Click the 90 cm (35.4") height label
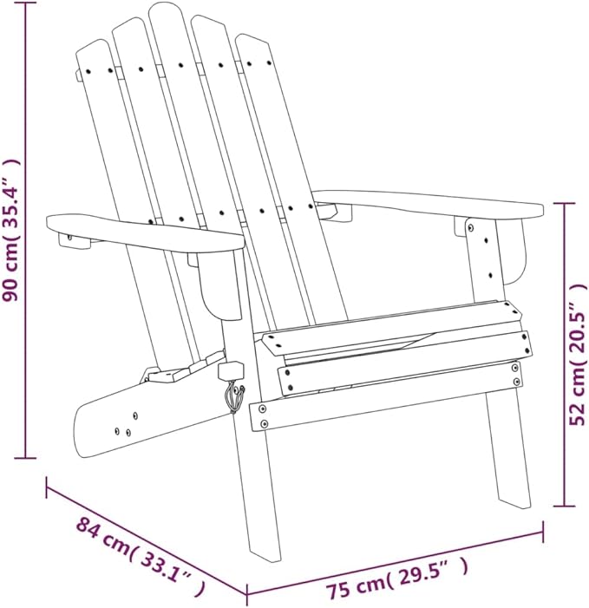tap(10, 230)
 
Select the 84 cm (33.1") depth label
tap(141, 556)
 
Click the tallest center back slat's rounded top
tap(166, 9)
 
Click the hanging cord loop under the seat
tap(234, 395)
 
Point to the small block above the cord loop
tap(231, 370)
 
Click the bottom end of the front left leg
tap(265, 552)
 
